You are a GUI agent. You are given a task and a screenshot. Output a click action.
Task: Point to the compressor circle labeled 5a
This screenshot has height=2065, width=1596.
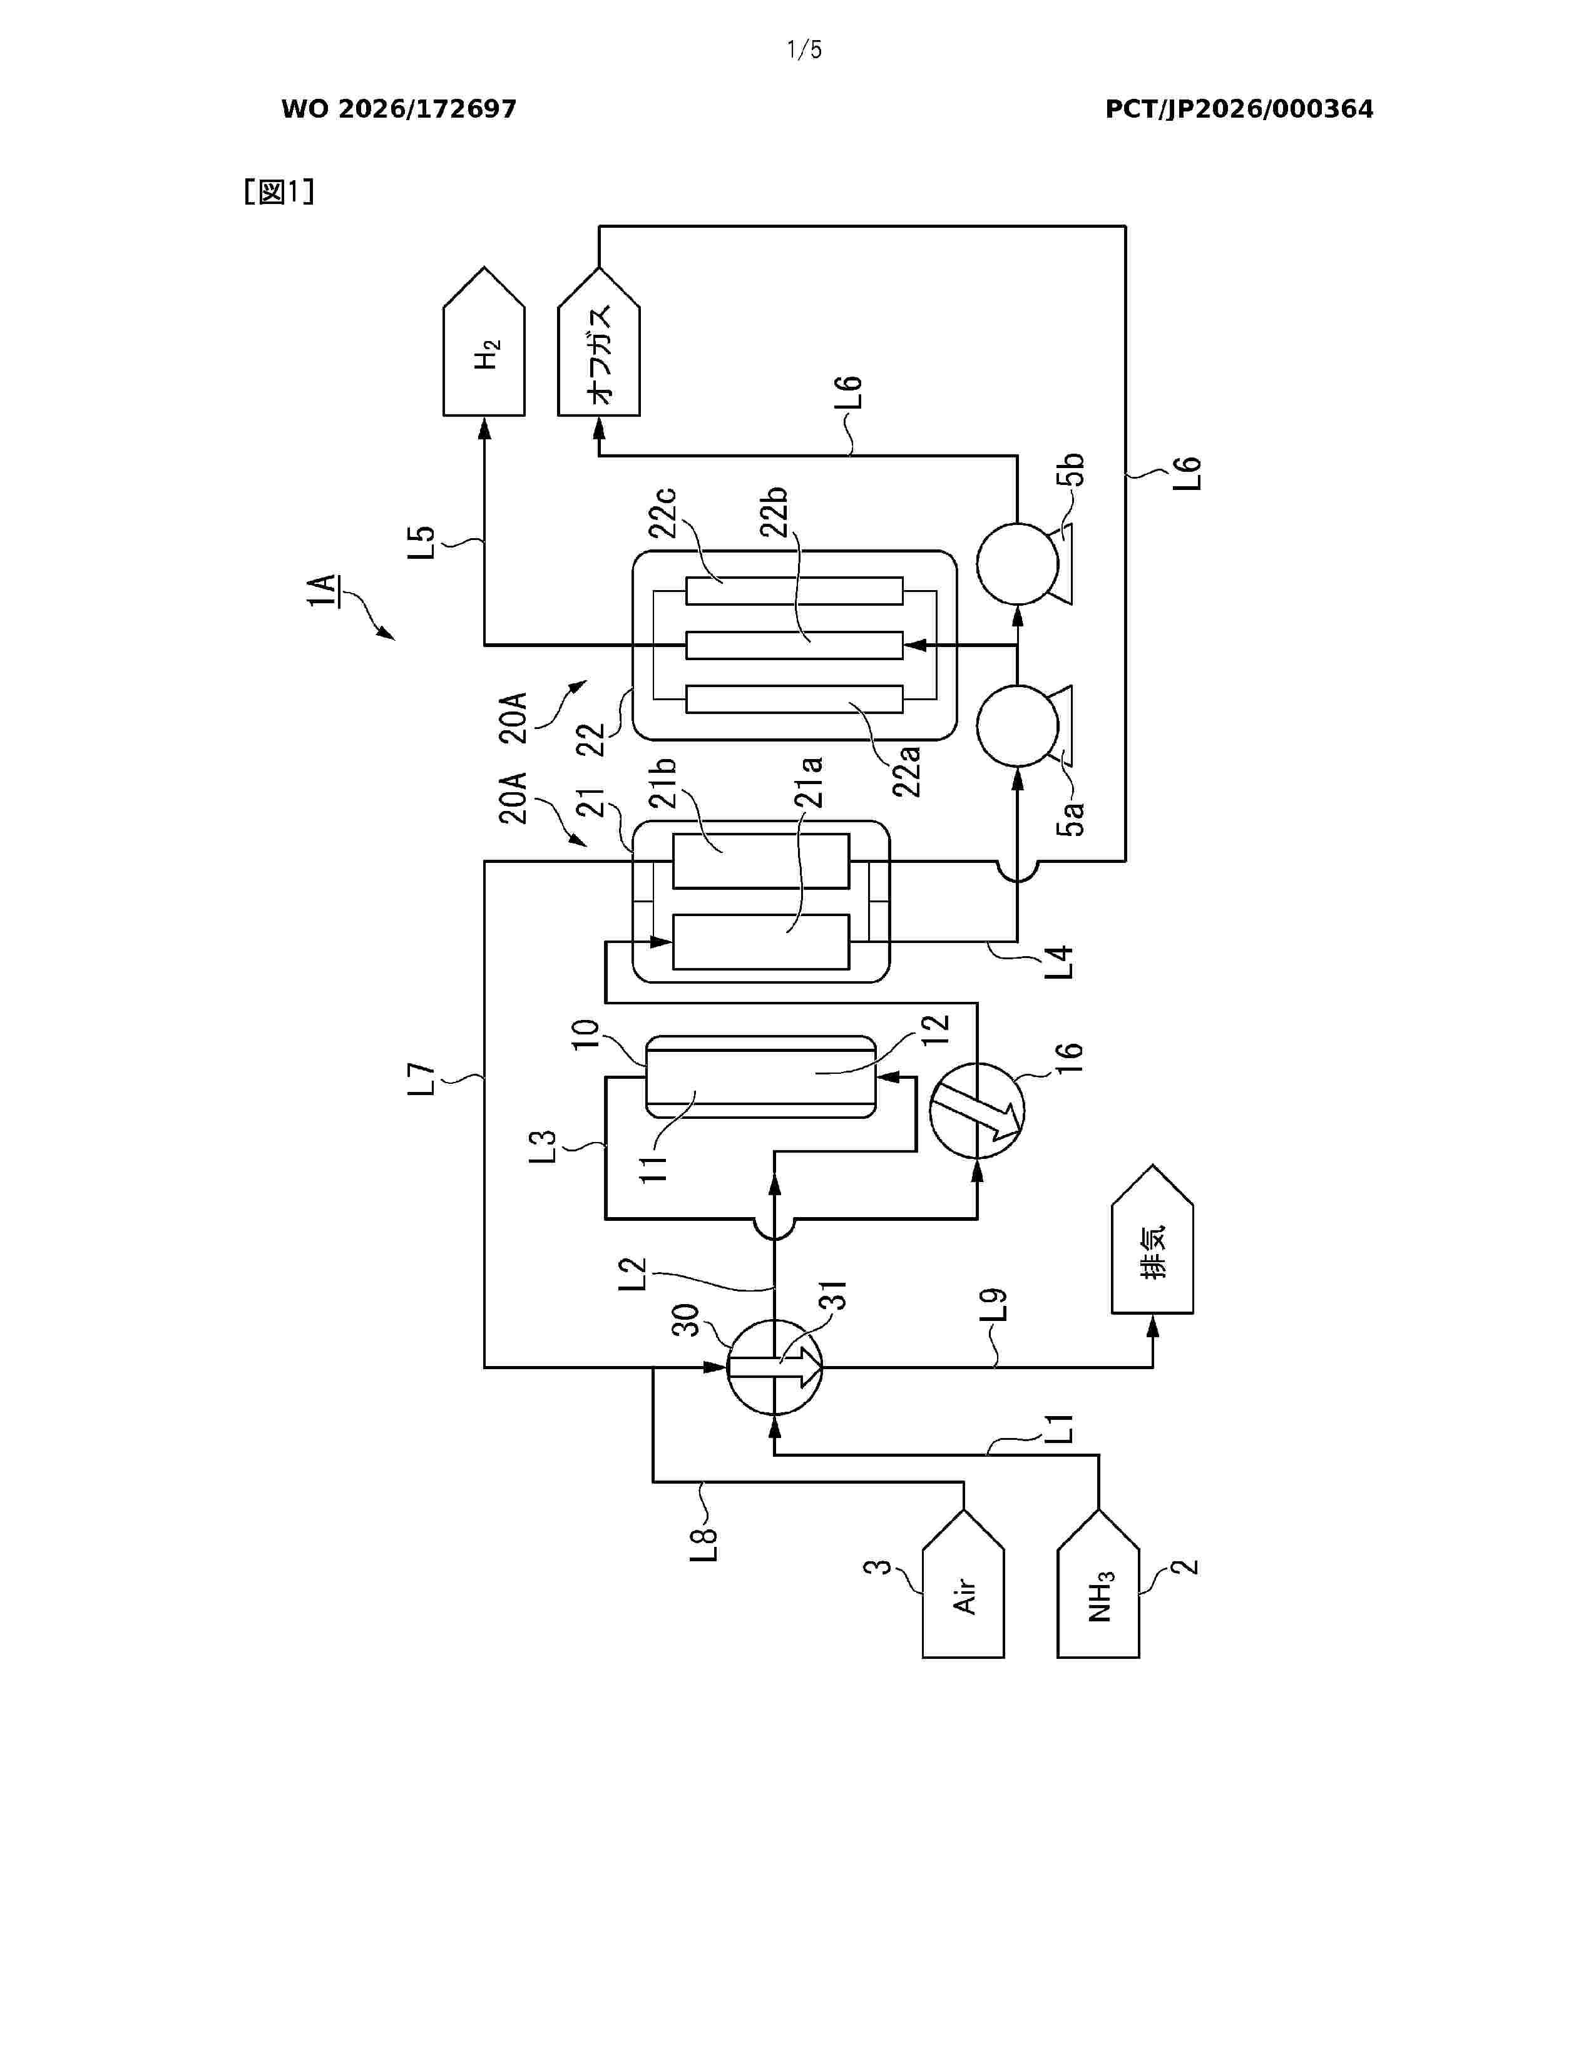[x=1016, y=725]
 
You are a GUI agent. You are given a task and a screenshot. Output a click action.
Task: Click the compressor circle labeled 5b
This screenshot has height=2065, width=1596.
[x=1016, y=564]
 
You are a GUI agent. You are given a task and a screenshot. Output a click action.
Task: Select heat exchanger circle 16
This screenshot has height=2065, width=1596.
[x=977, y=1110]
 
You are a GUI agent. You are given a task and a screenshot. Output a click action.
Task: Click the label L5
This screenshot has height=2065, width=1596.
[x=422, y=542]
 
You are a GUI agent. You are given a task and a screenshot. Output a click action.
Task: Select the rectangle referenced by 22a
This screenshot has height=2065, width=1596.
[x=794, y=699]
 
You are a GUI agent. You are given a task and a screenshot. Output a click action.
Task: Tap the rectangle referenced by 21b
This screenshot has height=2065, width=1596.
[x=761, y=862]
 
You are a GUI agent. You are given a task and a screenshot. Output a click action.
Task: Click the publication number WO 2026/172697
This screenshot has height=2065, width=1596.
[x=399, y=110]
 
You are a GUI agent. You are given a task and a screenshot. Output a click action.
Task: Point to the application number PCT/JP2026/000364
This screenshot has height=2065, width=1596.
[x=1239, y=110]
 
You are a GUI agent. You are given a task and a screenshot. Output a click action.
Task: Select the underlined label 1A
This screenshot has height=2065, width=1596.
[x=322, y=589]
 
